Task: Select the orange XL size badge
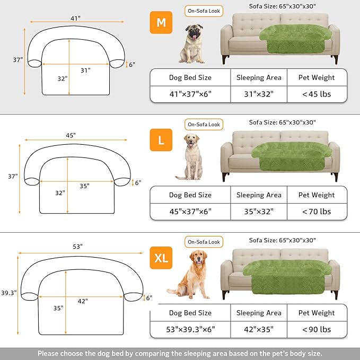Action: [x=161, y=258]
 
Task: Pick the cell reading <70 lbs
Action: [x=317, y=211]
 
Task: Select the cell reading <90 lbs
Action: [x=317, y=329]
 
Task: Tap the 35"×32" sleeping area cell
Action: [x=259, y=211]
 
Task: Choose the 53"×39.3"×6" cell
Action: [x=190, y=329]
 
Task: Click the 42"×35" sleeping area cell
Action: [x=259, y=329]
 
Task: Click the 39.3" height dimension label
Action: [x=9, y=292]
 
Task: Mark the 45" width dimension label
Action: [x=71, y=135]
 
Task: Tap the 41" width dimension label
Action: [x=75, y=18]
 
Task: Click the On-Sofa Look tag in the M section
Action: [x=204, y=11]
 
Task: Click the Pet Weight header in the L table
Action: [x=317, y=195]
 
